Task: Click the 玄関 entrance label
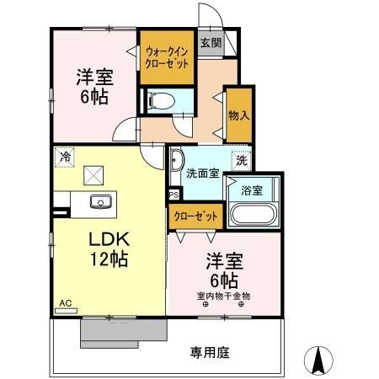pyautogui.click(x=211, y=43)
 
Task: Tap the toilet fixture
pyautogui.click(x=161, y=101)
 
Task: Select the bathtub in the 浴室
pyautogui.click(x=254, y=215)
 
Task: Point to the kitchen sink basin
pyautogui.click(x=101, y=202)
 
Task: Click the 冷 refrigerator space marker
pyautogui.click(x=65, y=157)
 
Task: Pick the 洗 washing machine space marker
pyautogui.click(x=242, y=160)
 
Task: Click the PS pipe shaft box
pyautogui.click(x=174, y=195)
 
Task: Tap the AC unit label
pyautogui.click(x=66, y=303)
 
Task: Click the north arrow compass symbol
pyautogui.click(x=318, y=360)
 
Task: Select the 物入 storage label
pyautogui.click(x=239, y=115)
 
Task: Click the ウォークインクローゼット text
pyautogui.click(x=167, y=57)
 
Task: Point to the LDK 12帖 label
pyautogui.click(x=109, y=248)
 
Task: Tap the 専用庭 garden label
pyautogui.click(x=210, y=353)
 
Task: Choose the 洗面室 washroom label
pyautogui.click(x=203, y=173)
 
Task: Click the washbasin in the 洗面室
pyautogui.click(x=177, y=161)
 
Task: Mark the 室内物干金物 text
pyautogui.click(x=223, y=296)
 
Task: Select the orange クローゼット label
pyautogui.click(x=195, y=216)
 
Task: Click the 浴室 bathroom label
pyautogui.click(x=252, y=190)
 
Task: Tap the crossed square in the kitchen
pyautogui.click(x=93, y=175)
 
